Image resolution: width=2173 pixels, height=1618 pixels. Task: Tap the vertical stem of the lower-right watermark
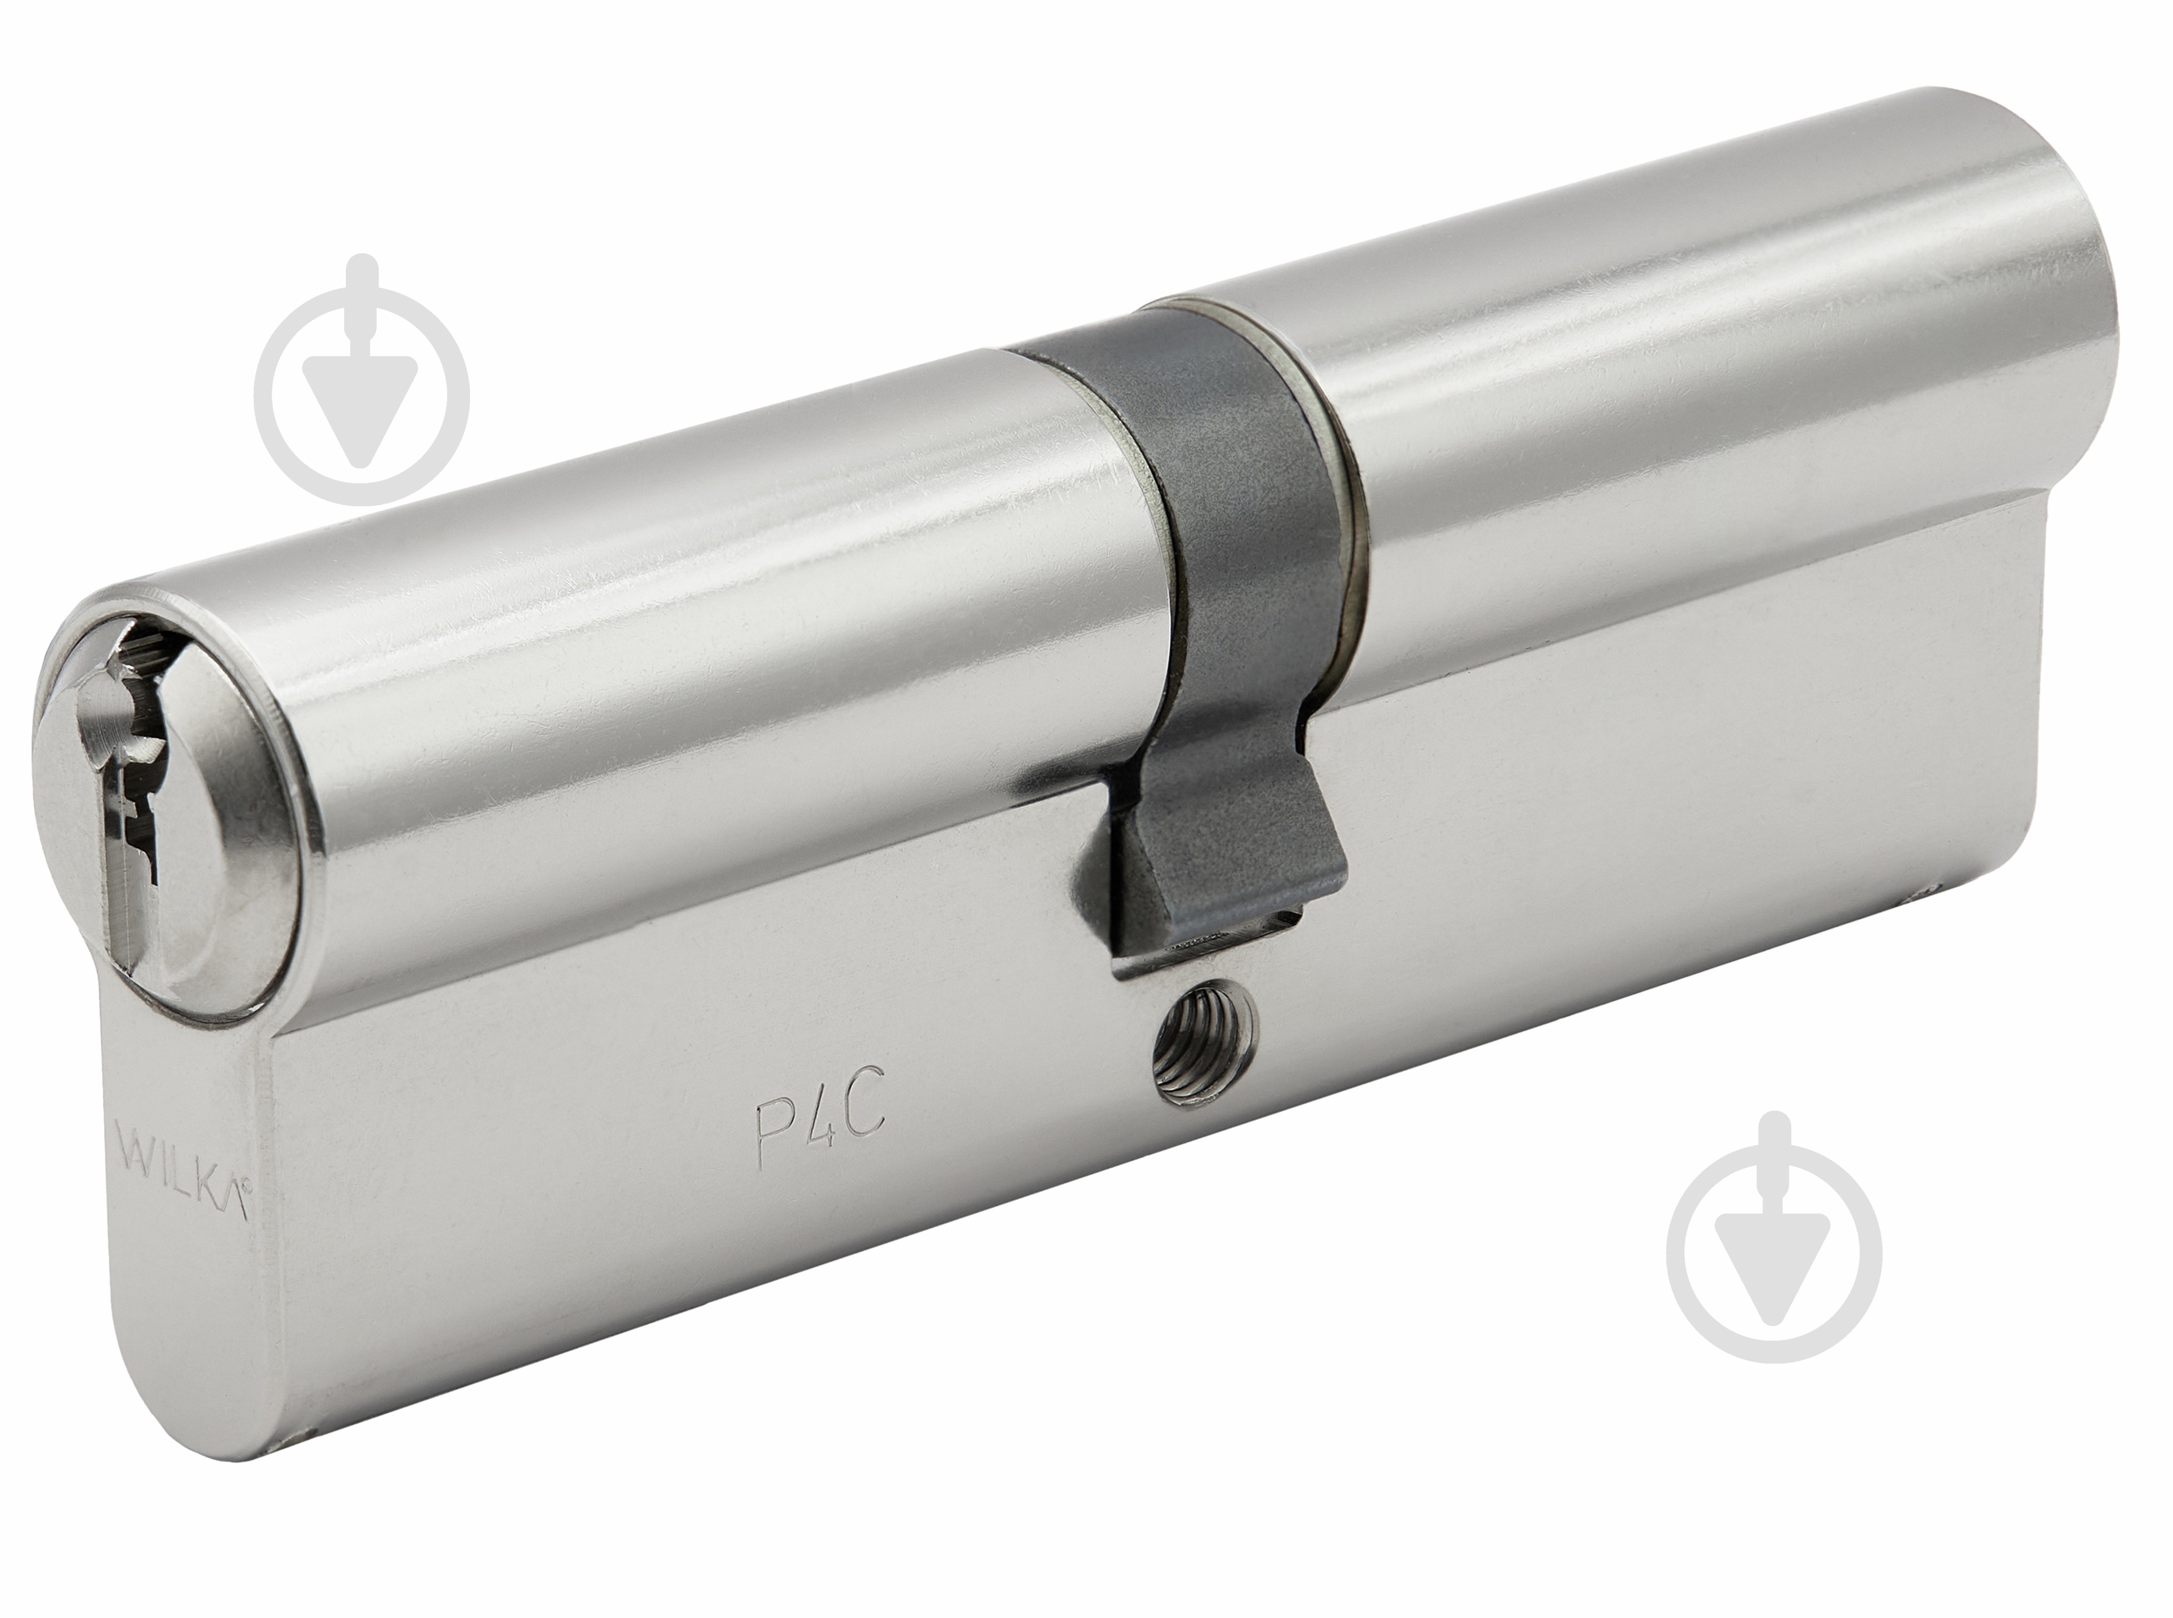tap(1774, 1166)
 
